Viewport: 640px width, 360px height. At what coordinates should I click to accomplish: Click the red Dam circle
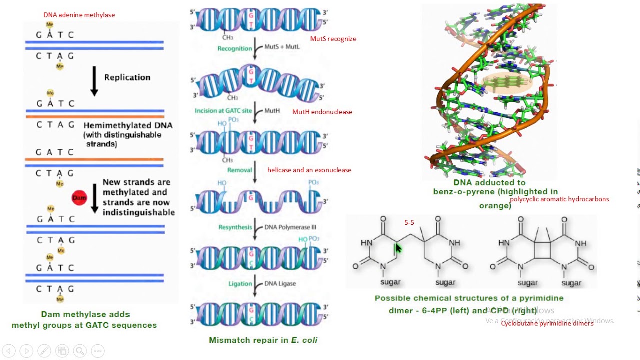(79, 198)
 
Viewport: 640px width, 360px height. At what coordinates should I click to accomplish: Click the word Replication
(127, 77)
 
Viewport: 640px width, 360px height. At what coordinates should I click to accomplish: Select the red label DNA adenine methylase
(79, 15)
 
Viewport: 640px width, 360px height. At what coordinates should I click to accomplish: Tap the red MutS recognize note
(333, 39)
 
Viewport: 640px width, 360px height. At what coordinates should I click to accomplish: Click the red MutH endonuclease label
(322, 112)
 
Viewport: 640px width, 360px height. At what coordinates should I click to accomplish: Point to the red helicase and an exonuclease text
(309, 170)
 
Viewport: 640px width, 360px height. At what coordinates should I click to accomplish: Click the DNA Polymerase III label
(290, 227)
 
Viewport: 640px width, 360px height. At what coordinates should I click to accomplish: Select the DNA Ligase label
(280, 284)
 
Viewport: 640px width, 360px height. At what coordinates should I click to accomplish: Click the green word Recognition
(234, 48)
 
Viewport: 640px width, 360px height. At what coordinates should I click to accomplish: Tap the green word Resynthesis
(235, 227)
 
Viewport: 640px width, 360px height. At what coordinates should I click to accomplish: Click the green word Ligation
(240, 284)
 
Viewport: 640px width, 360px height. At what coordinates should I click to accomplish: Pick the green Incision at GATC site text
(223, 111)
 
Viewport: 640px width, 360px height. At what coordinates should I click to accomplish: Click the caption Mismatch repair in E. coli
(263, 340)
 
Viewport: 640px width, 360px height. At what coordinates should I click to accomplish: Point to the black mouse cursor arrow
(398, 248)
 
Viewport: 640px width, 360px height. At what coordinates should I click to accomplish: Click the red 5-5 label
(409, 223)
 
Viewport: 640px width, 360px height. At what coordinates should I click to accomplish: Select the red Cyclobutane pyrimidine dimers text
(547, 323)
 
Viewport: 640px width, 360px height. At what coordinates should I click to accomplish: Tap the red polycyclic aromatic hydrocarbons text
(559, 199)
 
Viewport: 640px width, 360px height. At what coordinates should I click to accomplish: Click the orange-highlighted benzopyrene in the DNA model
(506, 82)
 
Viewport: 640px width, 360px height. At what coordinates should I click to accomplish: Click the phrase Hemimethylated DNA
(128, 125)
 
